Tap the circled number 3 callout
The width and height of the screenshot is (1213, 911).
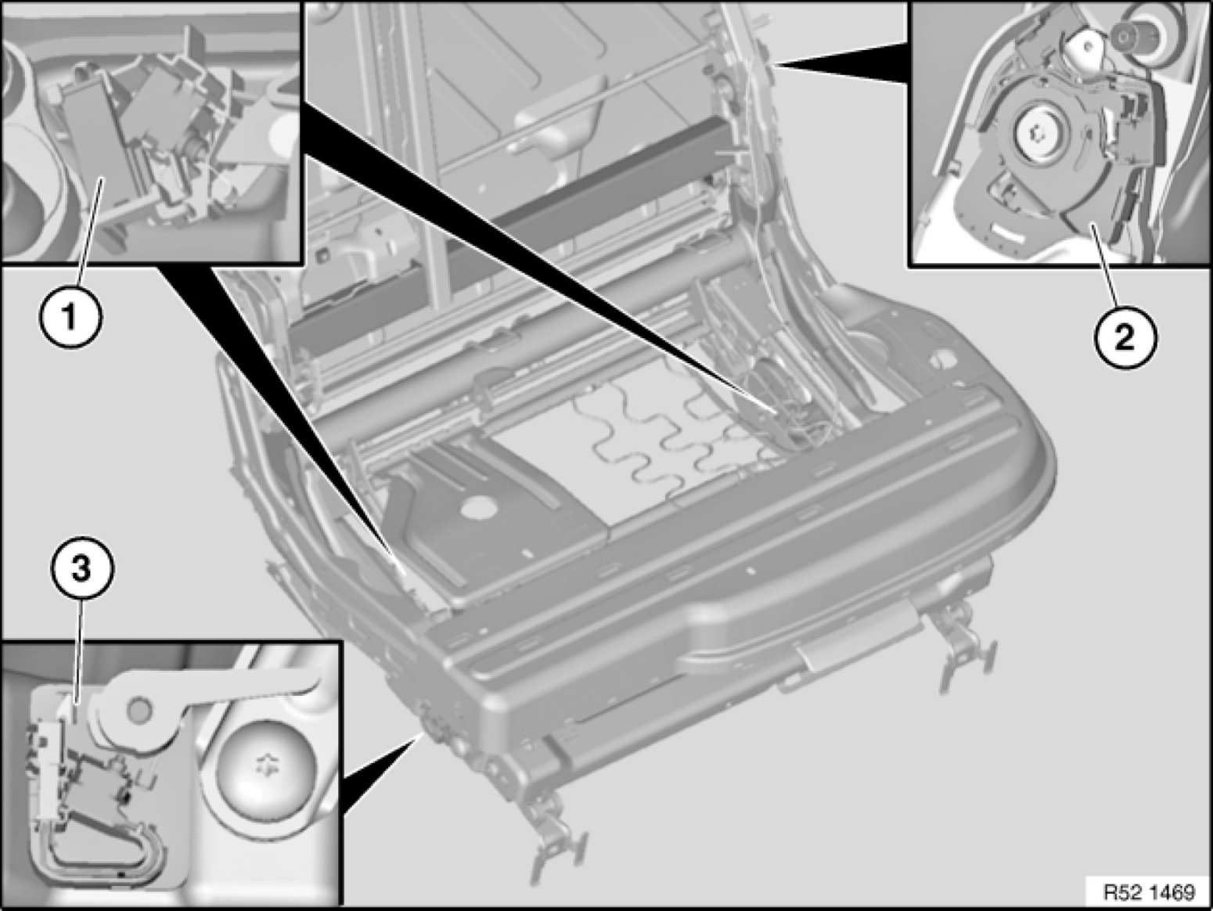tap(82, 570)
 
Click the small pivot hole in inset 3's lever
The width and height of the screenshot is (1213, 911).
tap(139, 710)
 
